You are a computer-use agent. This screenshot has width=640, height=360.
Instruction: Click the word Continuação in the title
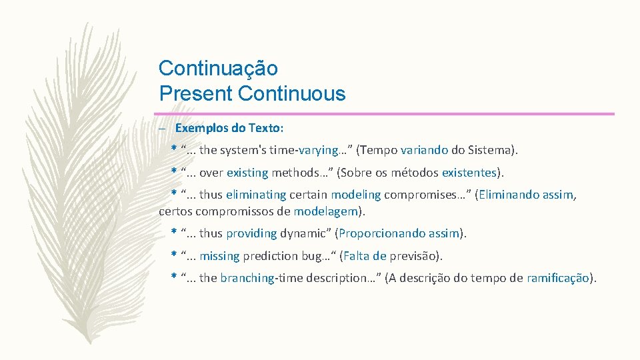pyautogui.click(x=218, y=68)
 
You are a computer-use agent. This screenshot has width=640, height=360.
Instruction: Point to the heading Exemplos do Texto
pyautogui.click(x=229, y=127)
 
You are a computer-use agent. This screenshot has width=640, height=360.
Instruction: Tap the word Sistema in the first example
pyautogui.click(x=490, y=151)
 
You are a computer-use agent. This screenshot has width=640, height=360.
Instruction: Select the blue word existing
pyautogui.click(x=247, y=173)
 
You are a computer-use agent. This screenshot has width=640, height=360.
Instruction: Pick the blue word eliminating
pyautogui.click(x=255, y=195)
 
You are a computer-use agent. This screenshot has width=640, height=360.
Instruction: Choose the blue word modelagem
pyautogui.click(x=325, y=211)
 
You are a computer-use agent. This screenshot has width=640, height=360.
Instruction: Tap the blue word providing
pyautogui.click(x=251, y=233)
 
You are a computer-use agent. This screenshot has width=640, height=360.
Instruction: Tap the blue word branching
pyautogui.click(x=247, y=278)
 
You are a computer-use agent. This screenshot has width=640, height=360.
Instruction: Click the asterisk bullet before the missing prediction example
pyautogui.click(x=173, y=255)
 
